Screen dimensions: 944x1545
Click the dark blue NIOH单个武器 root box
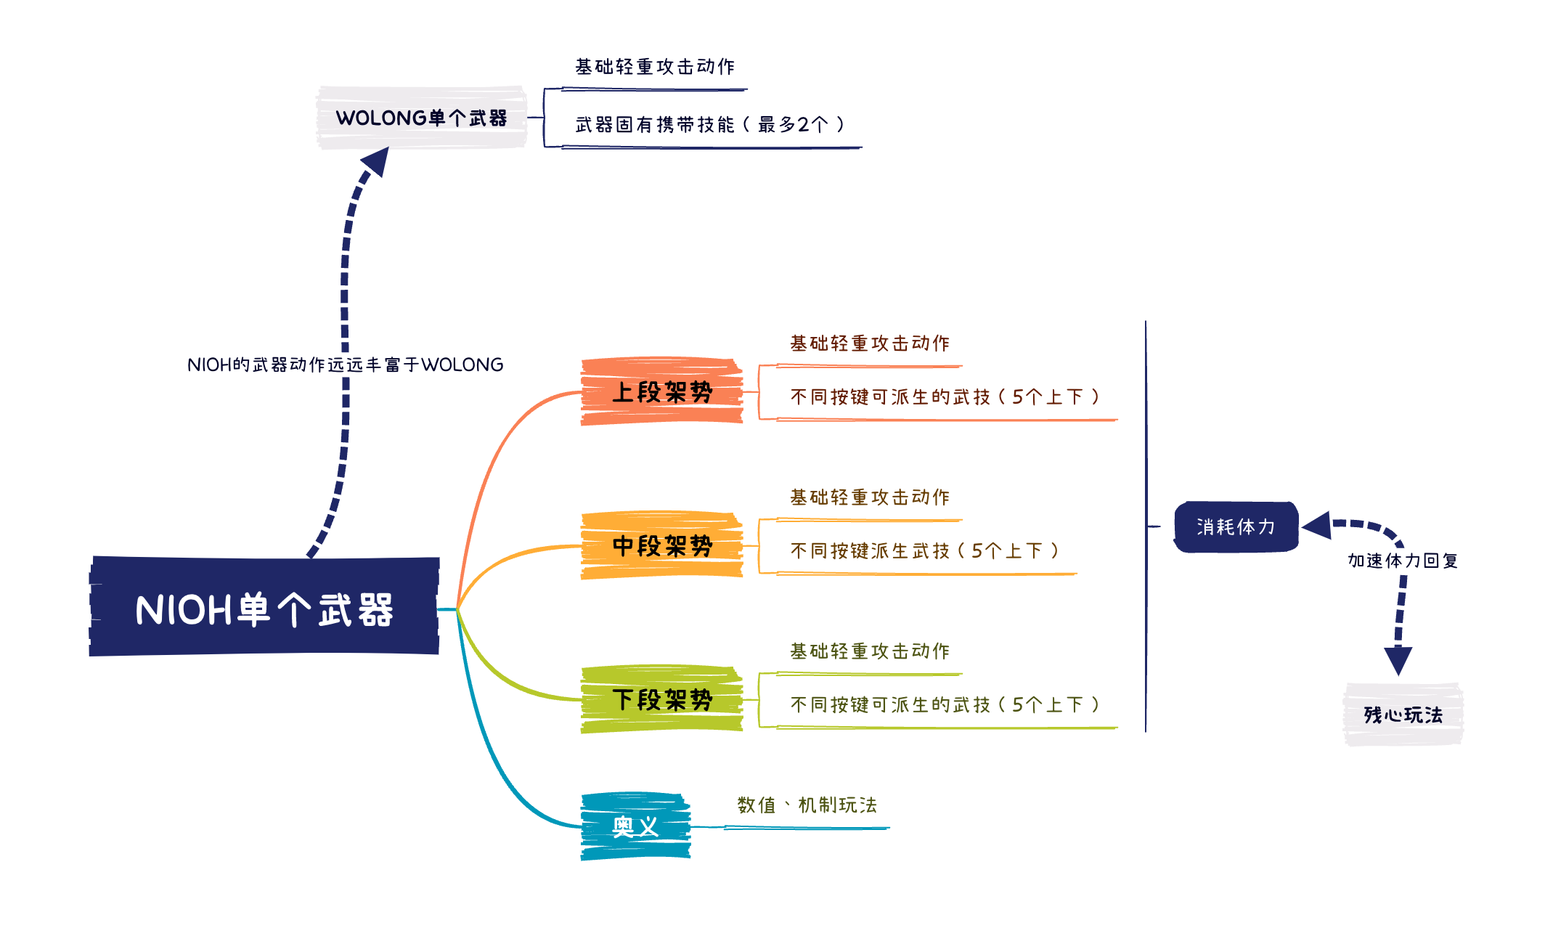[264, 607]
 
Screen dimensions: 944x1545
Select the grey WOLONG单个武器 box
[421, 118]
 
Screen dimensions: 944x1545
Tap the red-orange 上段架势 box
[661, 392]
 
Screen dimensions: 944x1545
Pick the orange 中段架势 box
[661, 546]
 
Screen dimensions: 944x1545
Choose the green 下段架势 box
[661, 700]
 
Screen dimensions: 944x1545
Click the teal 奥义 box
[635, 826]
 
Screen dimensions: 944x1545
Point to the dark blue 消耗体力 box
[1236, 526]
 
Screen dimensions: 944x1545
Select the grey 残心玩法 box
[1403, 715]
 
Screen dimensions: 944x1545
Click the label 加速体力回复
[1403, 561]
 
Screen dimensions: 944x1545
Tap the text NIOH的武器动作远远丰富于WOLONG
[345, 365]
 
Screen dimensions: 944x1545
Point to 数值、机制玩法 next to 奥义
[807, 805]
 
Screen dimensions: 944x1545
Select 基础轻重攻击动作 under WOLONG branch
[655, 67]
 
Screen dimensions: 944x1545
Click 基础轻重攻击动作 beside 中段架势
[870, 497]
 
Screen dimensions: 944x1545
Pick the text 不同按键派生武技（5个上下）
[924, 551]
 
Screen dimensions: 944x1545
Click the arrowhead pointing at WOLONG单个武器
[377, 161]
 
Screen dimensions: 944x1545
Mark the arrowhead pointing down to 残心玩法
[1398, 660]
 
